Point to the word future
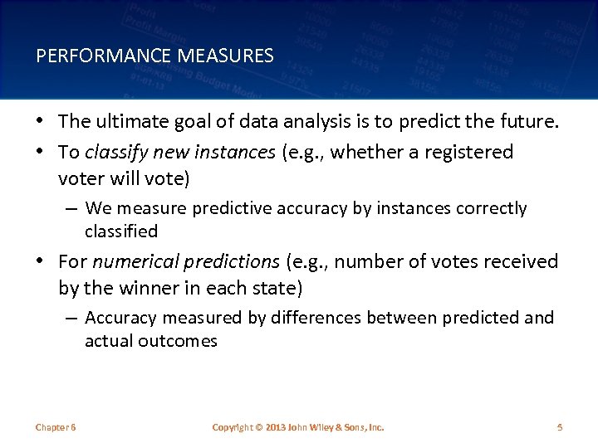pos(532,122)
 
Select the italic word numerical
pos(130,262)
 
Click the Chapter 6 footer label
pos(56,427)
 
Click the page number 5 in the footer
pos(560,427)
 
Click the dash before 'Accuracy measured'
pos(72,319)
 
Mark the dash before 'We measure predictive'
pos(72,208)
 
